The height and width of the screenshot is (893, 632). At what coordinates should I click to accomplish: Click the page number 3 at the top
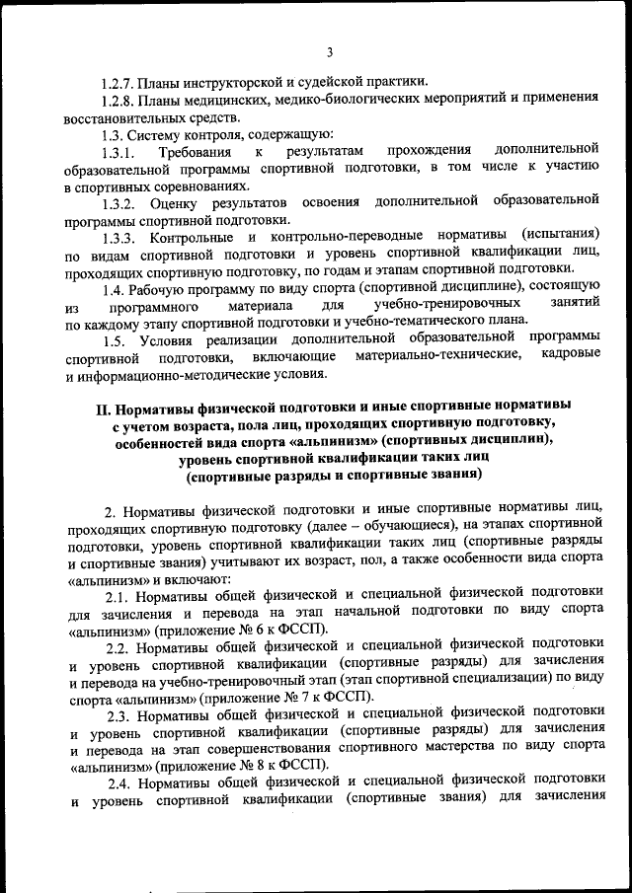click(x=330, y=52)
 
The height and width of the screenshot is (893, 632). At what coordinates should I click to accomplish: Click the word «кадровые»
click(x=571, y=359)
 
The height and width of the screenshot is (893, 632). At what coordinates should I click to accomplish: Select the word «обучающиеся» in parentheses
click(x=384, y=527)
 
